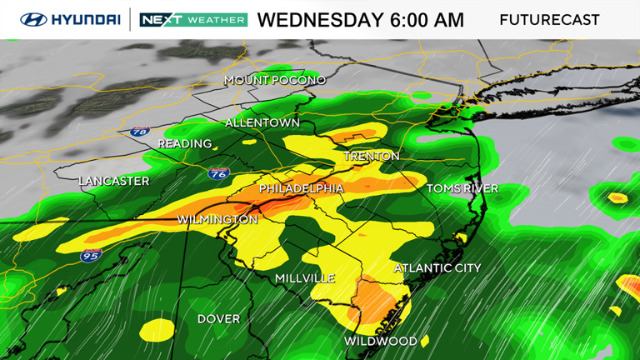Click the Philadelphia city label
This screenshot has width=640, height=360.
[301, 189]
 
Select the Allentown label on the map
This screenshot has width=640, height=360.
[262, 122]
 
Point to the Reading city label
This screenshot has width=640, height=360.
[185, 143]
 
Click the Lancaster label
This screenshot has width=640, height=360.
[114, 181]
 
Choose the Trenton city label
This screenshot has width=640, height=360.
[372, 156]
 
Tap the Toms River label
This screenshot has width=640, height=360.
[462, 189]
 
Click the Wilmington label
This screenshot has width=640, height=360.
[217, 219]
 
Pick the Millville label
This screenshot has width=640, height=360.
[305, 277]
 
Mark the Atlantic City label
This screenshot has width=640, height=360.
[437, 268]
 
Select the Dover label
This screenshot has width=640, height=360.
[218, 319]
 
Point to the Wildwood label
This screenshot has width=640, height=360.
[381, 342]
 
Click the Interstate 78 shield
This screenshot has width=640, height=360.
[139, 132]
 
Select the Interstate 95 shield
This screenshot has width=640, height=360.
[92, 255]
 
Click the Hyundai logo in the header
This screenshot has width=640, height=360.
[70, 19]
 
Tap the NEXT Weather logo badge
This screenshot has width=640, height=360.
[193, 19]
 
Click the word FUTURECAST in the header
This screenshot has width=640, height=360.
[549, 20]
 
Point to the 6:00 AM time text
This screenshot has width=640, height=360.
[426, 20]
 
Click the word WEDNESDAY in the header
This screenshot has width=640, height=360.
[319, 20]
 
